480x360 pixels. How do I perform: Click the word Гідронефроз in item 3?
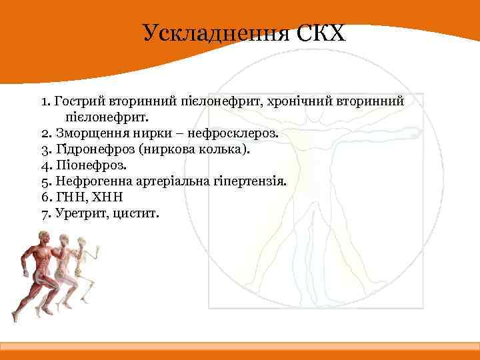(x=89, y=149)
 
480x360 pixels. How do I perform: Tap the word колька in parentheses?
(x=224, y=149)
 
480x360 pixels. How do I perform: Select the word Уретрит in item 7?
(x=77, y=213)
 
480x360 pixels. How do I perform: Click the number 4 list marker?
(x=45, y=165)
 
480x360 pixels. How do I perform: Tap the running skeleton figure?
(x=89, y=267)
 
